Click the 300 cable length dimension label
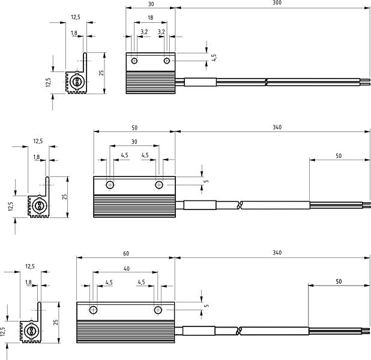(x=277, y=2)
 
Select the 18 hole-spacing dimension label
(x=150, y=18)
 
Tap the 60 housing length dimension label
(x=126, y=254)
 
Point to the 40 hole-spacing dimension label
(x=127, y=269)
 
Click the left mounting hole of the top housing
(x=134, y=61)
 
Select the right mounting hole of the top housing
(x=167, y=61)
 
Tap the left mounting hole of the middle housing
(x=110, y=185)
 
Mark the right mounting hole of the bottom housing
(x=158, y=310)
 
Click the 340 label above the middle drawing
(x=277, y=127)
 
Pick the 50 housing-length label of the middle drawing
(x=134, y=128)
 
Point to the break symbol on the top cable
(x=266, y=82)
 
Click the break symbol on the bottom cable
(x=240, y=331)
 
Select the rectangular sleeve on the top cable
(x=200, y=82)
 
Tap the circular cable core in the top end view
(x=77, y=82)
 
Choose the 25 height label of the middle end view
(x=64, y=197)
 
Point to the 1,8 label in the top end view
(x=74, y=33)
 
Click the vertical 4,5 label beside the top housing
(x=214, y=58)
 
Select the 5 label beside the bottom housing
(x=207, y=305)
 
